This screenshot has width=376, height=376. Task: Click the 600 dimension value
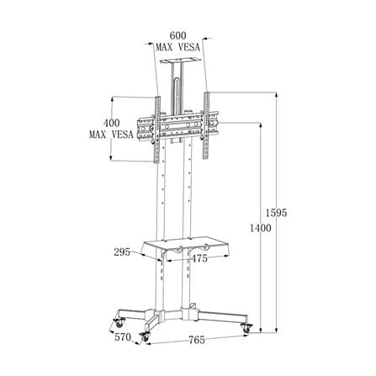pyautogui.click(x=178, y=35)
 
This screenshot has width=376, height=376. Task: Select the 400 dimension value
pyautogui.click(x=112, y=123)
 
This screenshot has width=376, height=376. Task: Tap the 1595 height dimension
pyautogui.click(x=276, y=213)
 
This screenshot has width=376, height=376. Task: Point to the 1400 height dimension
pyautogui.click(x=261, y=228)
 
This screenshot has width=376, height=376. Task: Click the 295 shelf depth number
pyautogui.click(x=122, y=252)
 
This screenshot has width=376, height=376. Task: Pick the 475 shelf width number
pyautogui.click(x=199, y=258)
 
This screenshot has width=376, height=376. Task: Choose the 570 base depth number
pyautogui.click(x=123, y=336)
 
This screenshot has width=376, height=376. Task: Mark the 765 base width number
pyautogui.click(x=197, y=340)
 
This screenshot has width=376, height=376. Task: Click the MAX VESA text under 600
pyautogui.click(x=178, y=47)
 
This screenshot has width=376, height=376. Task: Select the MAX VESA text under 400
pyautogui.click(x=111, y=135)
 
